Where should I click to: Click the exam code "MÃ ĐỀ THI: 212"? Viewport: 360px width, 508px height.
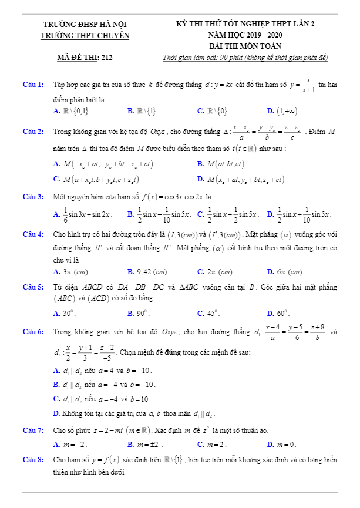tap(85, 58)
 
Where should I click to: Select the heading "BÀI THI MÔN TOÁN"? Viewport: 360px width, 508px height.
tap(245, 46)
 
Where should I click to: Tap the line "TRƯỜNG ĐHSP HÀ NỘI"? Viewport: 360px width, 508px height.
tap(85, 25)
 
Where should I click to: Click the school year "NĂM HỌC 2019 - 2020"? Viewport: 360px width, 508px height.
tap(245, 35)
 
